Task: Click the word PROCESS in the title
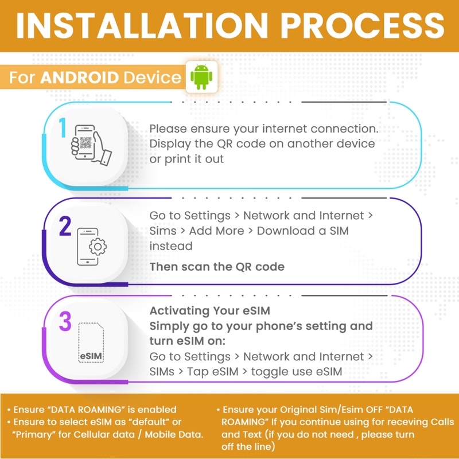(x=363, y=26)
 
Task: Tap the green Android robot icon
(x=201, y=77)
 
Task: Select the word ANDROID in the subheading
(x=79, y=77)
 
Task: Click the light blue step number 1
(x=63, y=127)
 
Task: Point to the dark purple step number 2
(x=65, y=226)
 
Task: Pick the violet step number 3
(x=65, y=321)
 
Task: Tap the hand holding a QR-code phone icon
(x=91, y=145)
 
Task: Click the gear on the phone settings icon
(x=98, y=247)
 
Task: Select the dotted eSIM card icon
(x=91, y=343)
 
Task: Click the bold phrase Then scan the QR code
(x=217, y=267)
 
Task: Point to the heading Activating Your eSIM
(x=210, y=310)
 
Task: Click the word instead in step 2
(x=171, y=246)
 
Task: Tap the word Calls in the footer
(x=442, y=422)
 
